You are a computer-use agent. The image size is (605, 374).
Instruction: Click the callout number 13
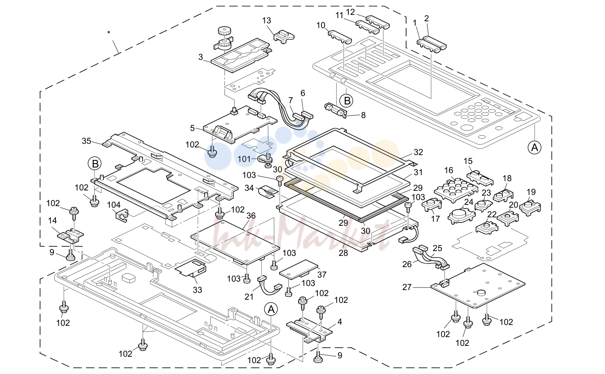tap(267, 21)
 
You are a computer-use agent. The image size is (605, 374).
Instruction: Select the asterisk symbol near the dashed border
tap(109, 33)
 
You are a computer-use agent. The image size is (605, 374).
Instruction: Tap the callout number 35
tap(86, 141)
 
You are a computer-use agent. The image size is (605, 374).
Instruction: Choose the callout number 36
tap(251, 216)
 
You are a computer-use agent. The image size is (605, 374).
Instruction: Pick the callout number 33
tap(198, 290)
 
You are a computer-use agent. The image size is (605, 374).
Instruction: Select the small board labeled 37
tap(299, 269)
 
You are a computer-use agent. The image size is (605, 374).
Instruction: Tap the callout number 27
tap(407, 288)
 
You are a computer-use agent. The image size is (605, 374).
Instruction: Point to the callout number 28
tap(343, 253)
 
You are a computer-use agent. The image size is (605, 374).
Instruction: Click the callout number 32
tap(418, 152)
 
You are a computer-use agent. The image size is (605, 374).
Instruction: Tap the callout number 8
tap(363, 115)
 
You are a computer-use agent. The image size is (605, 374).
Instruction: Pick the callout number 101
tap(244, 159)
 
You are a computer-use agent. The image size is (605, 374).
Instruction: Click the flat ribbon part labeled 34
tap(268, 191)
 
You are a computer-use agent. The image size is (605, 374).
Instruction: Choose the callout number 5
tap(192, 129)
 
